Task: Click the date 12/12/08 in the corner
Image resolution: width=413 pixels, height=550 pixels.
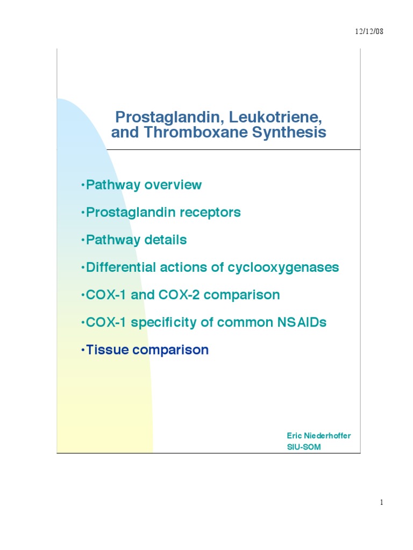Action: [368, 32]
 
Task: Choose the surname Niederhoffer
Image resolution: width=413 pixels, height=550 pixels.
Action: [327, 436]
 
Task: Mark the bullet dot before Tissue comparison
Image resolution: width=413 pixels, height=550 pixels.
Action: [83, 350]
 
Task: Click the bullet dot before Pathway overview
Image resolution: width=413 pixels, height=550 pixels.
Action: [83, 185]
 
